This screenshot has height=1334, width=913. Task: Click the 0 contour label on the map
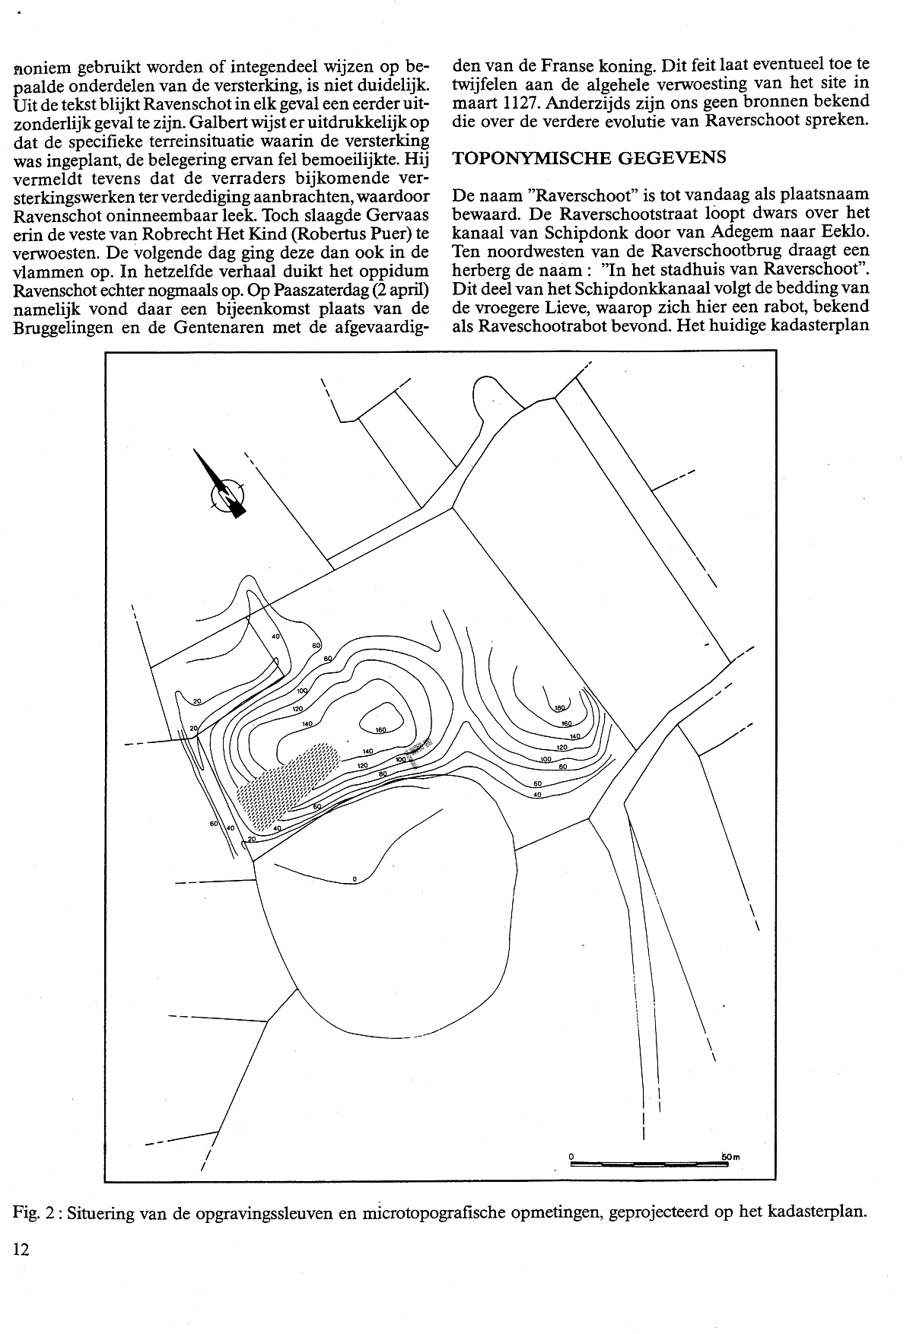[x=355, y=880]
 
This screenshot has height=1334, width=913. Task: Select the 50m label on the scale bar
[x=730, y=1157]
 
